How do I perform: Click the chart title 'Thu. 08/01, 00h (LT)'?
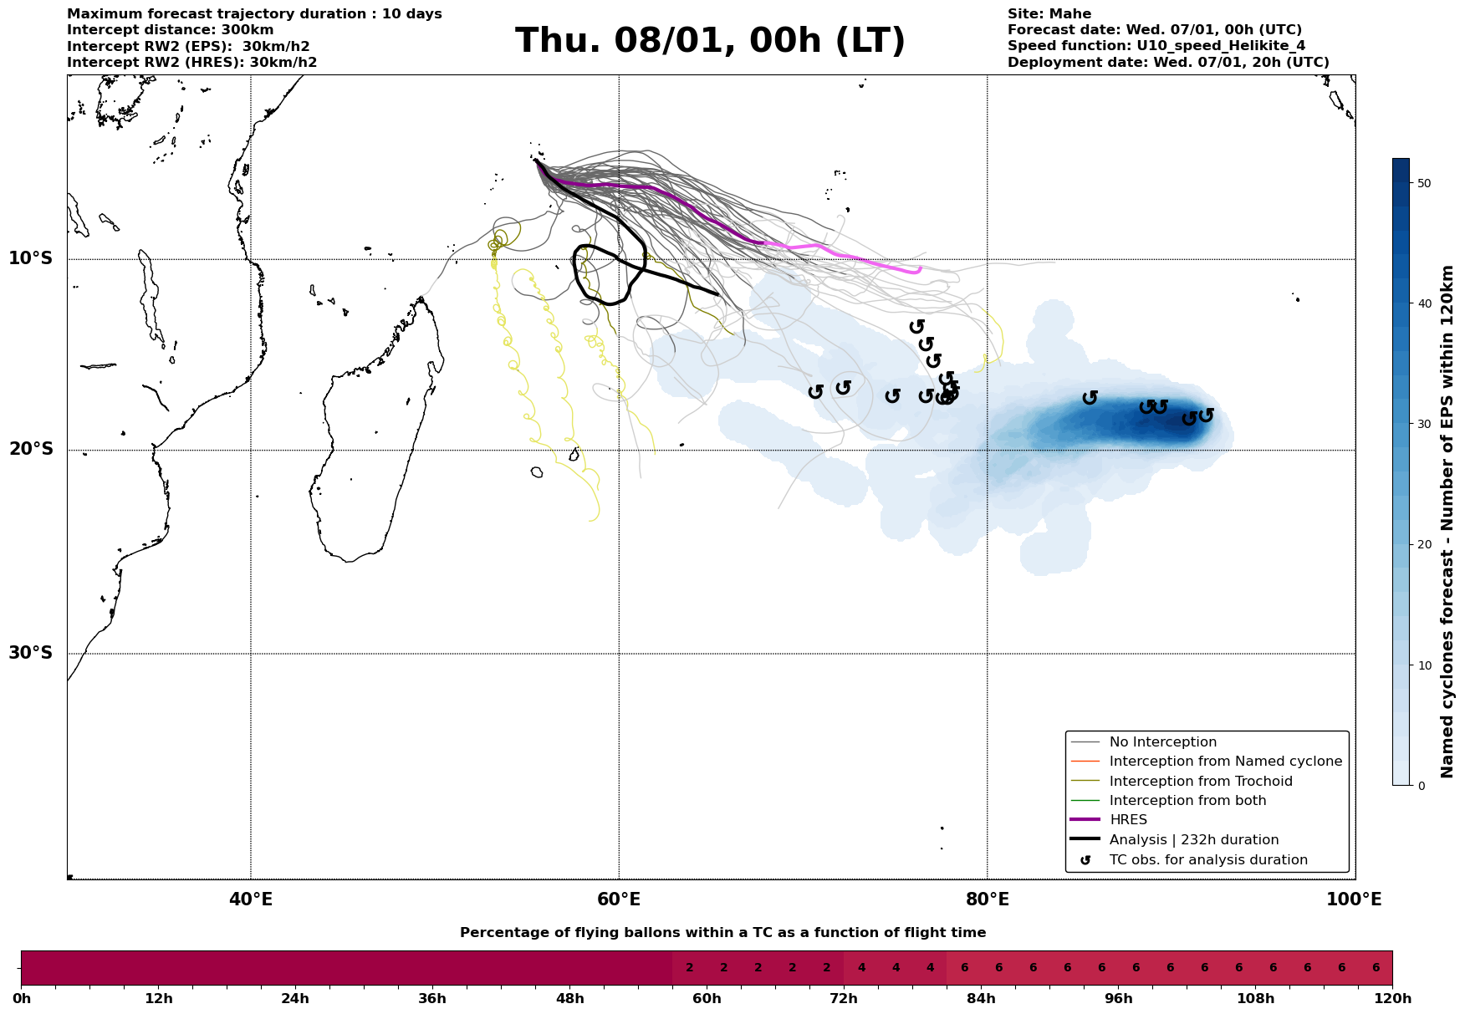click(710, 41)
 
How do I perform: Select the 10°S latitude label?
click(31, 258)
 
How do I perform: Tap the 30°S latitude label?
click(31, 653)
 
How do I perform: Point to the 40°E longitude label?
click(250, 899)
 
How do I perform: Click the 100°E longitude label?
click(1354, 899)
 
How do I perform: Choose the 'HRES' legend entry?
click(1128, 820)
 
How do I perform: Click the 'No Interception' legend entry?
click(1162, 742)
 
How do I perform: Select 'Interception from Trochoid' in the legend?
click(1200, 782)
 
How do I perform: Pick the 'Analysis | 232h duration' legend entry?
click(1193, 839)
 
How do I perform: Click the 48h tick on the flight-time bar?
click(569, 999)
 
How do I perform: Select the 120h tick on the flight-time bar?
click(1391, 999)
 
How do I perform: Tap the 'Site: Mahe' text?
click(1049, 14)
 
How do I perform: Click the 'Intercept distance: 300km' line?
click(170, 30)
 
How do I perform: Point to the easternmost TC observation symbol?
click(1205, 415)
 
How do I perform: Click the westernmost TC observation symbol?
click(816, 391)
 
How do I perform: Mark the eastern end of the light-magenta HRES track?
click(920, 268)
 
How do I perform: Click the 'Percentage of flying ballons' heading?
click(722, 933)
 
